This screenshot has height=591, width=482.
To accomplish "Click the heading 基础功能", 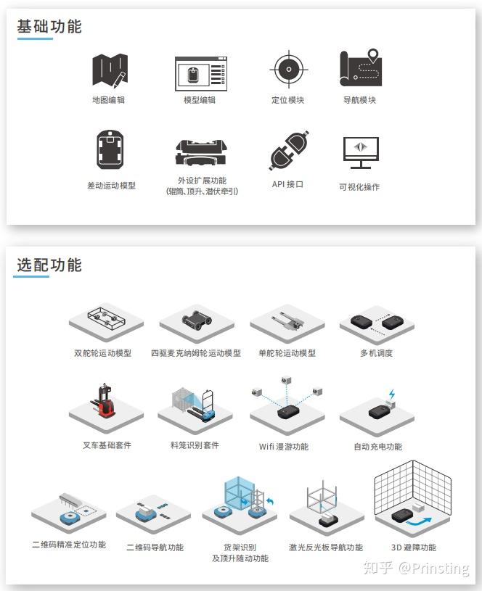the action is click(x=49, y=27).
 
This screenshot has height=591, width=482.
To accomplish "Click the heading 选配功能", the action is click(x=49, y=265).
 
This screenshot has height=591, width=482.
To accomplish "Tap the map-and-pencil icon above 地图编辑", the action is click(x=110, y=70).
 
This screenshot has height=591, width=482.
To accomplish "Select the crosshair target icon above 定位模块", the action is click(x=288, y=70).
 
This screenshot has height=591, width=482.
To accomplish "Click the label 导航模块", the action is click(x=360, y=100).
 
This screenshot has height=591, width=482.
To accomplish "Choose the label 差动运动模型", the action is click(x=112, y=186).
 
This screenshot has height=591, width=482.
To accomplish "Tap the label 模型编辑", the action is click(x=200, y=100).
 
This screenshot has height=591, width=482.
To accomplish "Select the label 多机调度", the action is click(x=377, y=353).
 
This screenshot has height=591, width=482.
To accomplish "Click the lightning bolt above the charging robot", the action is click(x=392, y=395).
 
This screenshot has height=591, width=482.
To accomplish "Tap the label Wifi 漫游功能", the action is click(x=284, y=447).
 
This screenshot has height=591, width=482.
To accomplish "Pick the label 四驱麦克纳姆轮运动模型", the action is click(x=196, y=353).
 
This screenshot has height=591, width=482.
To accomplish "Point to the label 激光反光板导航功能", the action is click(x=326, y=547).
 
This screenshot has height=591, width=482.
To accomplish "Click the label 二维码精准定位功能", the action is click(x=69, y=545).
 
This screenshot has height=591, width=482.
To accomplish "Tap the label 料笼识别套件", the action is click(x=195, y=445).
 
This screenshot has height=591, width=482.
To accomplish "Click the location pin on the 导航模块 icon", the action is click(x=373, y=55).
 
